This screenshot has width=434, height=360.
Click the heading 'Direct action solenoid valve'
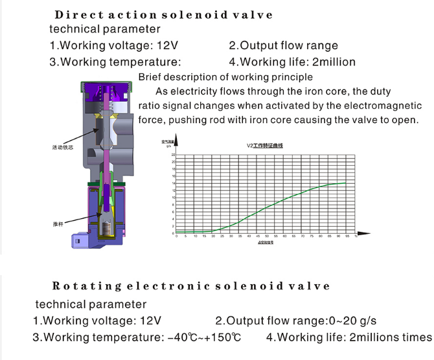click(x=163, y=14)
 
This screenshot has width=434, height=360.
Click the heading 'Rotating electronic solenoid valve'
click(x=190, y=286)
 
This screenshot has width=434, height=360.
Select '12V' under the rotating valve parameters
click(x=148, y=321)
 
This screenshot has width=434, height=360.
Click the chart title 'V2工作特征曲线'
click(x=266, y=146)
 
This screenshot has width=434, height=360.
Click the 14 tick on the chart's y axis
click(x=173, y=183)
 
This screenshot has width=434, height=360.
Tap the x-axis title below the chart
click(x=266, y=243)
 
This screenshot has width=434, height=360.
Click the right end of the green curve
click(x=346, y=183)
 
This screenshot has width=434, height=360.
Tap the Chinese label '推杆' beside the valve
click(x=57, y=223)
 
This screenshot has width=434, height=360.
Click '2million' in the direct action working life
click(x=334, y=62)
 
